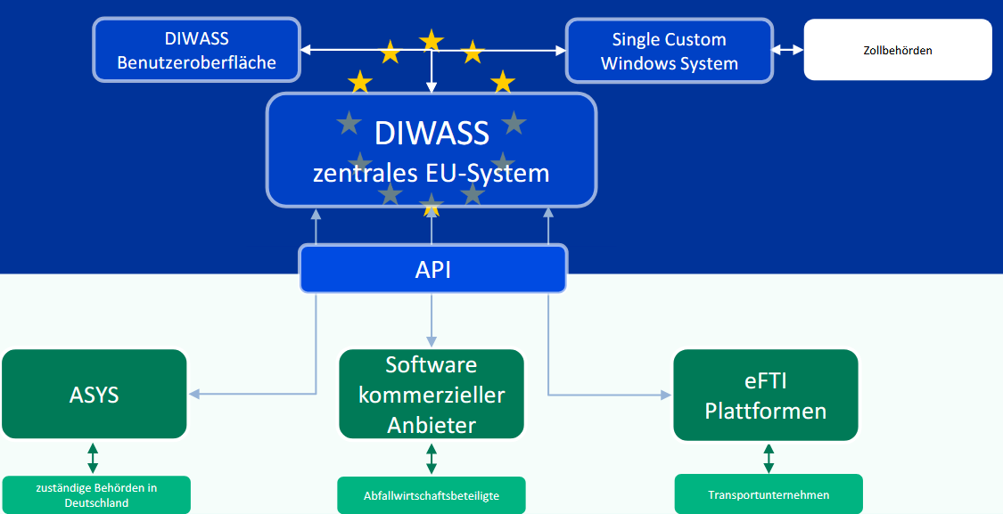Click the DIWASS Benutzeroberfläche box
click(x=197, y=51)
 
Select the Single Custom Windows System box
click(x=669, y=51)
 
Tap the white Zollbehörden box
click(x=897, y=51)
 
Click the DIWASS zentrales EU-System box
click(x=432, y=150)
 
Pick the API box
click(x=432, y=269)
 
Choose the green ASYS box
click(x=95, y=394)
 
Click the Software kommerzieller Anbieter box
click(x=432, y=395)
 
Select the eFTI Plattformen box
click(x=765, y=395)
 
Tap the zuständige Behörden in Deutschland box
click(x=96, y=495)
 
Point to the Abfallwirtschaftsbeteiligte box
click(x=432, y=495)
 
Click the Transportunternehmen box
click(x=769, y=495)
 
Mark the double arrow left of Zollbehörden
click(x=788, y=51)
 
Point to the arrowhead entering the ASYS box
click(x=194, y=394)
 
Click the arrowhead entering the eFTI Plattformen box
click(x=665, y=394)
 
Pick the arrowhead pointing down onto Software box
click(x=432, y=342)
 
